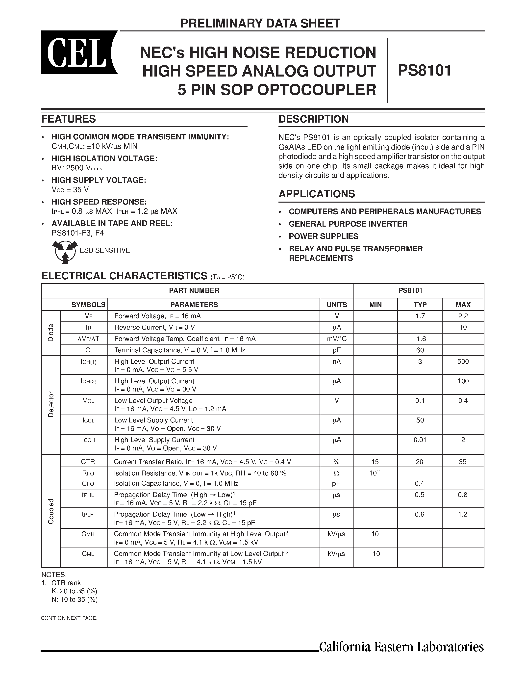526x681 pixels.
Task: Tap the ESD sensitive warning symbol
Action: [65, 251]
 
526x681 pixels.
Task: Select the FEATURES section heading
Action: [69, 119]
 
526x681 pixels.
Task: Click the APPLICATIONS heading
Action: [317, 194]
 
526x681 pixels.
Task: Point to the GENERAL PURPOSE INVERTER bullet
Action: [348, 224]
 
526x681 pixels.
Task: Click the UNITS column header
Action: [337, 305]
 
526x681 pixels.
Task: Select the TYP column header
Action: [420, 305]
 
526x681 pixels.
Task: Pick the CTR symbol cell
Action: [88, 462]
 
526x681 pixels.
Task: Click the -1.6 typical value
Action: [420, 339]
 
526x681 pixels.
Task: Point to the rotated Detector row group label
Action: [51, 404]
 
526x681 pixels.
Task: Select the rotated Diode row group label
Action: [51, 333]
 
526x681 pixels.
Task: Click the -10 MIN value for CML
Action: [375, 553]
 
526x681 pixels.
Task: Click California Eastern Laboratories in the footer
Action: [401, 647]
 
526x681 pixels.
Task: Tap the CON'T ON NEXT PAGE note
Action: [69, 618]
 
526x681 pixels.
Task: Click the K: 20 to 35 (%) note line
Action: [75, 591]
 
